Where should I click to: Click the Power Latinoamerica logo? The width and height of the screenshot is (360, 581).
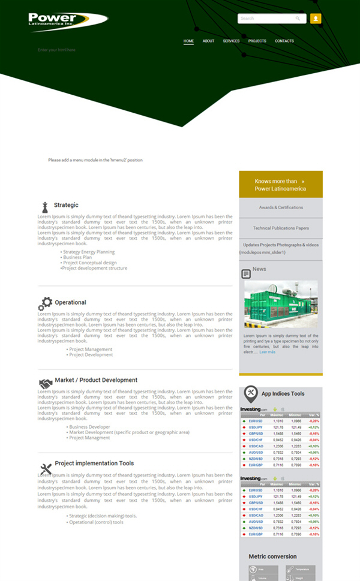pos(67,21)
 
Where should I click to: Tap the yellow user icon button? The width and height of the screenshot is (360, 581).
pos(316,19)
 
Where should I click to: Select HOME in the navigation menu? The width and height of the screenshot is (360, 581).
pos(188,41)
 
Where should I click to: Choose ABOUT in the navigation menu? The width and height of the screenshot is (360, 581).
pos(208,41)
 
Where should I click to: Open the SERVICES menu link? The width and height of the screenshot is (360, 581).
pos(231,41)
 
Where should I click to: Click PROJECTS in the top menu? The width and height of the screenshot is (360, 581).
pos(257,41)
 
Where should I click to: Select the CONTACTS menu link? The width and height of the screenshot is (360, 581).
pos(284,41)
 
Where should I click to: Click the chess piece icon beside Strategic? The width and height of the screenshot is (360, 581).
pos(44,207)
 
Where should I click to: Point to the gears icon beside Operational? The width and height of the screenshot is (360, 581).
pos(45,303)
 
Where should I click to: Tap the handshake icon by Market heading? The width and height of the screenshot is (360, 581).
pos(45,383)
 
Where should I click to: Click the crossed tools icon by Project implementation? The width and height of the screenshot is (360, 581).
pos(46,468)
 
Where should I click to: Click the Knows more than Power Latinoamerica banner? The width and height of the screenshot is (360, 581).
pos(280,185)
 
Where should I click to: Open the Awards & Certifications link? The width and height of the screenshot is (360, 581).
pos(281,207)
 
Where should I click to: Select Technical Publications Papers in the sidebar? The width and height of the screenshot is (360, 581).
pos(281,228)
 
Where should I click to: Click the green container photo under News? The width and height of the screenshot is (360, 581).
pos(281,305)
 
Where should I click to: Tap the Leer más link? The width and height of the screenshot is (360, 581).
pos(267,352)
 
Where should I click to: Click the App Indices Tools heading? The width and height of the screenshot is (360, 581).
pos(283,394)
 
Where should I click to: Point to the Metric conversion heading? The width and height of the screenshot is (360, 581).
pos(272,556)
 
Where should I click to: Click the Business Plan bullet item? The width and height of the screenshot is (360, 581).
pos(77,257)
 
